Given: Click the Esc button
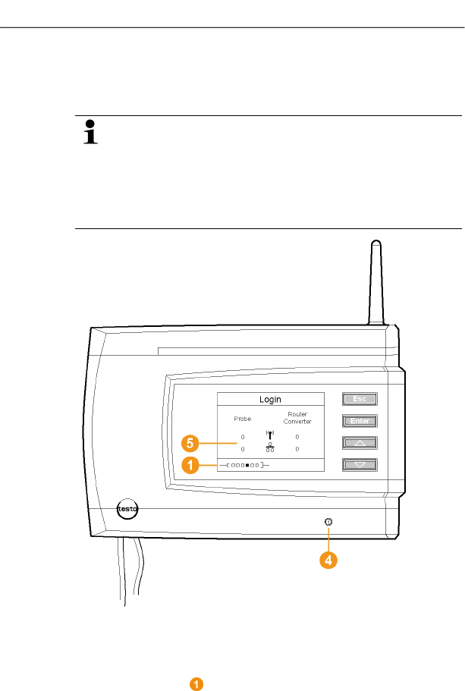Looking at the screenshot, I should point(359,398).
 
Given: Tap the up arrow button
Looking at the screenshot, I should point(359,442).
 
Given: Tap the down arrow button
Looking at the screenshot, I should point(359,463).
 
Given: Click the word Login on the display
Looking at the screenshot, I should point(271,399).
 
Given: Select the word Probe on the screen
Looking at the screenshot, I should point(242,419).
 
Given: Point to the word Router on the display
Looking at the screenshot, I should point(297,415).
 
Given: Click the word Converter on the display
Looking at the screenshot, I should point(297,422).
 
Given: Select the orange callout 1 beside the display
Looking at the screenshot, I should point(191,465).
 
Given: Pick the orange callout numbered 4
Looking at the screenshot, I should point(328,561).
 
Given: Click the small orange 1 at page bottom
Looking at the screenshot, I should point(196,684).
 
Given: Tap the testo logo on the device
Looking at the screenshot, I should point(127,510).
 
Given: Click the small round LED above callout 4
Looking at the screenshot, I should point(328,522).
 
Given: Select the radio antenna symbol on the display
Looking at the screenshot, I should point(269,435).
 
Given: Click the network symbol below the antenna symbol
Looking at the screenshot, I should point(269,448).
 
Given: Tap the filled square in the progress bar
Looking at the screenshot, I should point(247,464).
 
